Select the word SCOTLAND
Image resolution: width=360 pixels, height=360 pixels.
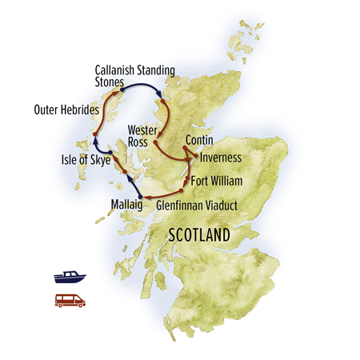pyautogui.click(x=198, y=236)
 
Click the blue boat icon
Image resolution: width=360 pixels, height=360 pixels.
pyautogui.click(x=68, y=277)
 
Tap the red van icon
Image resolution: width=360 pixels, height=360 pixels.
pyautogui.click(x=69, y=301)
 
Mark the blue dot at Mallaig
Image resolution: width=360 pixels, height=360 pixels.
pyautogui.click(x=140, y=196)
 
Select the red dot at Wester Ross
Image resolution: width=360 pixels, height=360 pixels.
pyautogui.click(x=154, y=142)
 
